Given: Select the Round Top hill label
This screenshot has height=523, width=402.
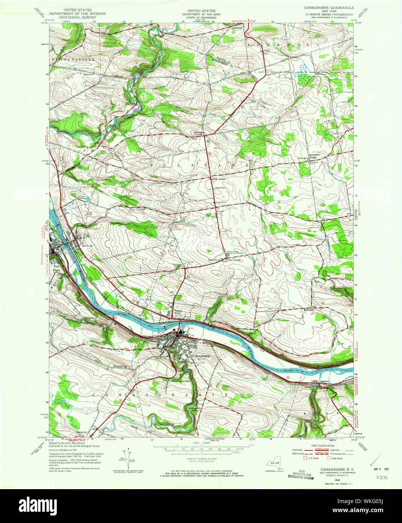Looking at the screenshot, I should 120,366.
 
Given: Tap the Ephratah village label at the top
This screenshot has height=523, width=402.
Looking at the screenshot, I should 237,27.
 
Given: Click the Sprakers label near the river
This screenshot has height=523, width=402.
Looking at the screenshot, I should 324,381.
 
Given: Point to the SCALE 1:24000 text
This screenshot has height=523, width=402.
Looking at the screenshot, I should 201,443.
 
